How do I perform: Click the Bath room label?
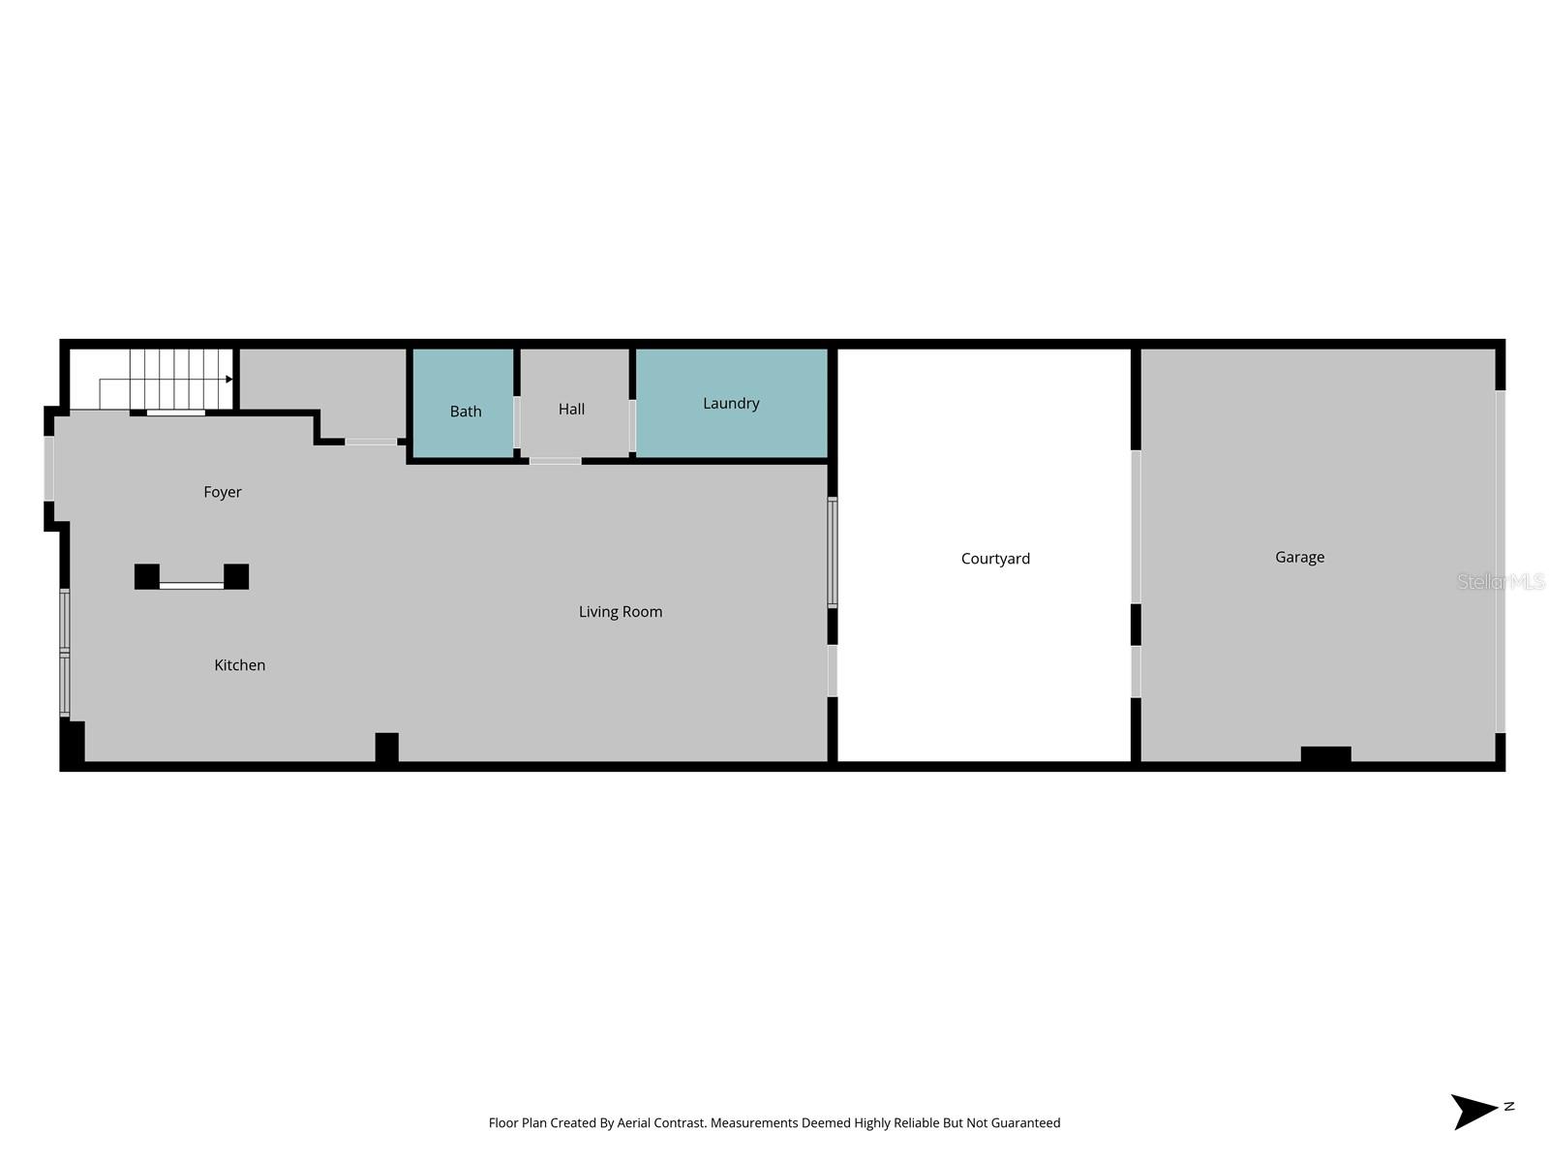(466, 412)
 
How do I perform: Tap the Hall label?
(571, 410)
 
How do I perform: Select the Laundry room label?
(731, 404)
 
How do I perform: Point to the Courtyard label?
(995, 559)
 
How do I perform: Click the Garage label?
(1299, 557)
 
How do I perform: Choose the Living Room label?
(621, 612)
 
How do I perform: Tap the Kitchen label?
(239, 665)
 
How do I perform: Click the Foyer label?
(223, 492)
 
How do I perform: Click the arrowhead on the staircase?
(228, 380)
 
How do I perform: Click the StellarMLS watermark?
(1501, 582)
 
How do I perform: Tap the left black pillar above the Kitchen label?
(147, 576)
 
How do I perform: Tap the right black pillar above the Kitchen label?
(236, 576)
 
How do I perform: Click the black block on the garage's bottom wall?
(1325, 754)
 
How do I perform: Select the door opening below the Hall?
(555, 461)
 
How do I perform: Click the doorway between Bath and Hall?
(517, 422)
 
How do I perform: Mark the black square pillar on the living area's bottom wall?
(386, 747)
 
